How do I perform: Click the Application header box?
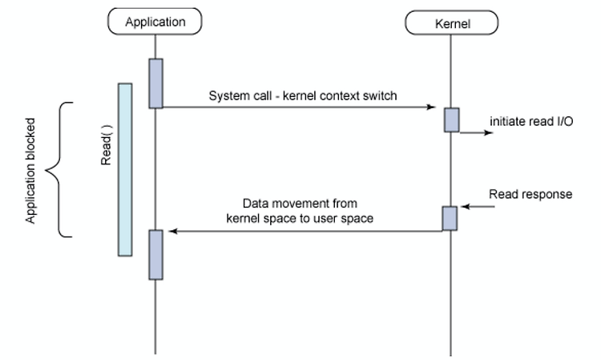[155, 22]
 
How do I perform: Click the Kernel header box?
[452, 23]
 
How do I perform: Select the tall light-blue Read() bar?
[125, 169]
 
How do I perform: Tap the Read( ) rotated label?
[106, 145]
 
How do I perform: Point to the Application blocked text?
[30, 171]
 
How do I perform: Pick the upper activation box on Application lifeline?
[156, 83]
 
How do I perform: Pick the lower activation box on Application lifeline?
[156, 255]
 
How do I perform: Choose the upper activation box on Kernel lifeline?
[452, 120]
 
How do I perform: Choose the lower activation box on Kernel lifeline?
[450, 219]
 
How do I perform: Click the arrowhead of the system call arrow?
[431, 107]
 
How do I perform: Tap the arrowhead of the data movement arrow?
[173, 231]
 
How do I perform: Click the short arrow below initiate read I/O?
[477, 132]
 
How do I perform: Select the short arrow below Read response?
[478, 207]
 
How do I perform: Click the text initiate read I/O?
[531, 122]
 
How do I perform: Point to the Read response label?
[530, 194]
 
